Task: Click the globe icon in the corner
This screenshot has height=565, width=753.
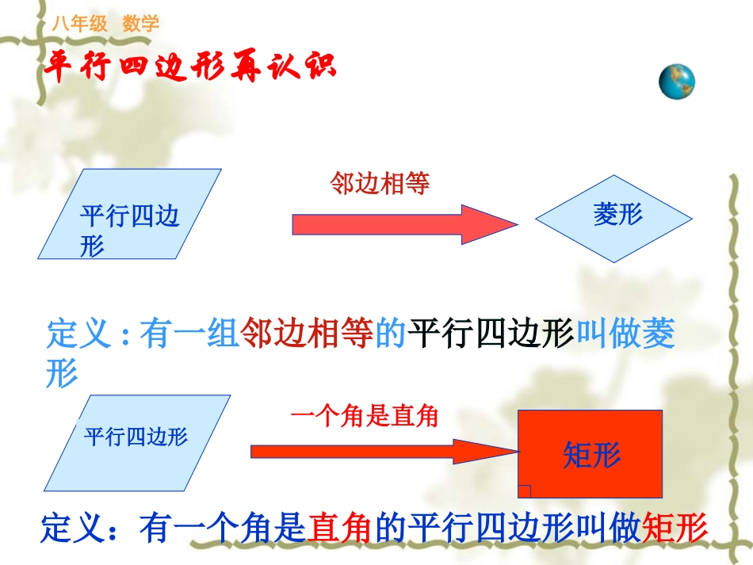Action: [x=677, y=82]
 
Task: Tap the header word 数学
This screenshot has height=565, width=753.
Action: [x=141, y=24]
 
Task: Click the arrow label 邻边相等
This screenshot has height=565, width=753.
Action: [x=380, y=184]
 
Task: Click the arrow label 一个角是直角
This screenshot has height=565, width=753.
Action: [x=365, y=416]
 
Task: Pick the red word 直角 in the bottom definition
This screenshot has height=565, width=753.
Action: [x=340, y=529]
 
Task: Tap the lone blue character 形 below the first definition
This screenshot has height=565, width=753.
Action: [x=63, y=374]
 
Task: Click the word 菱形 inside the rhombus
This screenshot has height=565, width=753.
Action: [x=617, y=214]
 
